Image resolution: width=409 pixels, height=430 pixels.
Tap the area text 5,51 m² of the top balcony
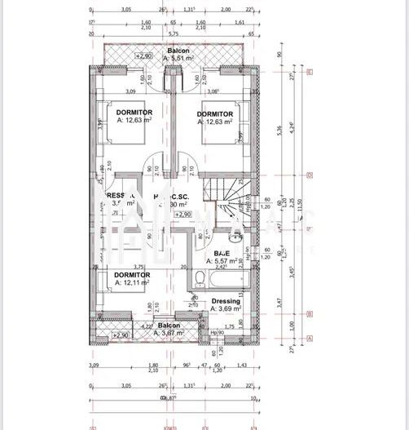coord(179,59)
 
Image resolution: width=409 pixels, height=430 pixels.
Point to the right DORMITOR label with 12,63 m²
coord(217,113)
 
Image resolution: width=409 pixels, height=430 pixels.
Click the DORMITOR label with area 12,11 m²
coord(132,276)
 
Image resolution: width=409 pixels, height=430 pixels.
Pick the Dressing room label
coord(226,300)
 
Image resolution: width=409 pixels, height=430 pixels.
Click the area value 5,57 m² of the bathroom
coord(224,261)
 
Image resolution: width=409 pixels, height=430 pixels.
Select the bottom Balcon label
coord(169,325)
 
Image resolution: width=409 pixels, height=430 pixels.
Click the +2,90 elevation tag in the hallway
coord(183,214)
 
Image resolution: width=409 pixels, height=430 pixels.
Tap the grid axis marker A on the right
coord(310,338)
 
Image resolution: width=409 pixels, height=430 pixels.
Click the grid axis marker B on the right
coord(310,313)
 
